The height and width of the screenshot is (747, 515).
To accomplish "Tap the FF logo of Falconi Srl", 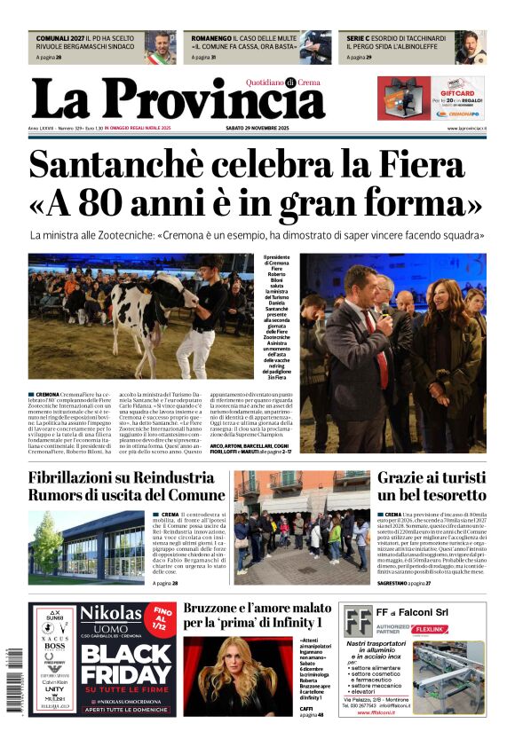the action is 359,620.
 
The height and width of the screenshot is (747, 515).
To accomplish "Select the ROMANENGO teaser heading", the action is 218,39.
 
